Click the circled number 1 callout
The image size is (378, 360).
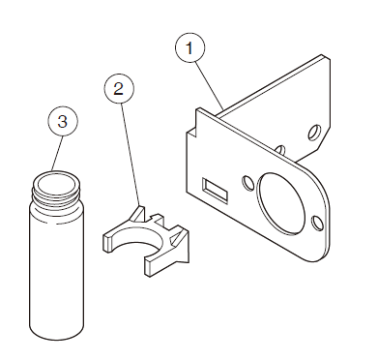pyautogui.click(x=189, y=47)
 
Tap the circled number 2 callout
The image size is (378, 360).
pyautogui.click(x=119, y=88)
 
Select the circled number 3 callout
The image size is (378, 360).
pyautogui.click(x=63, y=121)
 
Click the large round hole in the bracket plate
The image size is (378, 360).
pyautogui.click(x=280, y=203)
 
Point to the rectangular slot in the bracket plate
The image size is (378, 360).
pyautogui.click(x=215, y=191)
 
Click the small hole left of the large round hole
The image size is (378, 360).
pyautogui.click(x=247, y=183)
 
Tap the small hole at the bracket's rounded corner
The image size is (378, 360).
pyautogui.click(x=317, y=224)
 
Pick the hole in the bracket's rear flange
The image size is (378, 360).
pyautogui.click(x=314, y=133)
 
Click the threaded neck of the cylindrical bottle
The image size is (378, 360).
pyautogui.click(x=55, y=194)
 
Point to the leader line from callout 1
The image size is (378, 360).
pyautogui.click(x=210, y=85)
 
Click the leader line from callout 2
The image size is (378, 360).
pyautogui.click(x=131, y=154)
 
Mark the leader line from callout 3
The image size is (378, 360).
pyautogui.click(x=57, y=153)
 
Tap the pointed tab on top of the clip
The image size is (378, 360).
pyautogui.click(x=138, y=212)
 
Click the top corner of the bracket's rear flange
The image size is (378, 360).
pyautogui.click(x=323, y=56)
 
